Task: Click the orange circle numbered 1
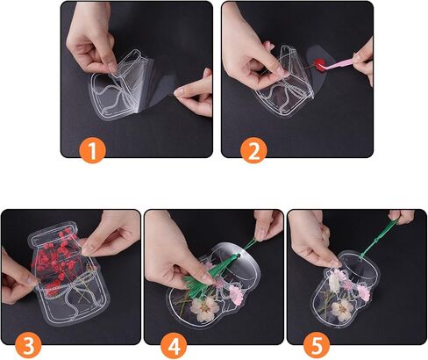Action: (92, 150)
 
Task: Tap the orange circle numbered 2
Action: (253, 150)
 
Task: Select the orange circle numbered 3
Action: (28, 346)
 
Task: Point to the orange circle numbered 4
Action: (174, 346)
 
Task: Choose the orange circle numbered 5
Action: (317, 346)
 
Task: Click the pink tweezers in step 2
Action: (339, 65)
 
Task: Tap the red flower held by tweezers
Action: (318, 63)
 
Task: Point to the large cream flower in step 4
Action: (204, 307)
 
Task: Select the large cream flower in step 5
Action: (341, 310)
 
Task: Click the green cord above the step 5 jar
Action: (376, 238)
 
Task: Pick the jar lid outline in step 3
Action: (53, 234)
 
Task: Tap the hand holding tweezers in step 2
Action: (364, 61)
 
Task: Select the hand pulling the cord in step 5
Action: (403, 216)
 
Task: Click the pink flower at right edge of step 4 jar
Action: (236, 293)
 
